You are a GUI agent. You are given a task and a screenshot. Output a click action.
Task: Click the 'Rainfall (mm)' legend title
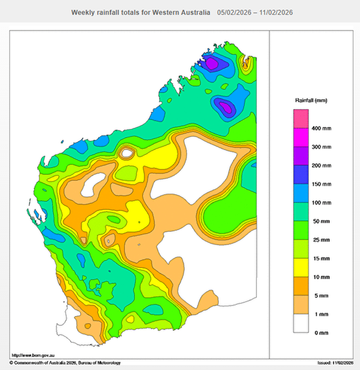(x=311, y=100)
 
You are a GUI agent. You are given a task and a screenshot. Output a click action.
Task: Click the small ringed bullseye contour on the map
(x=126, y=153)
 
